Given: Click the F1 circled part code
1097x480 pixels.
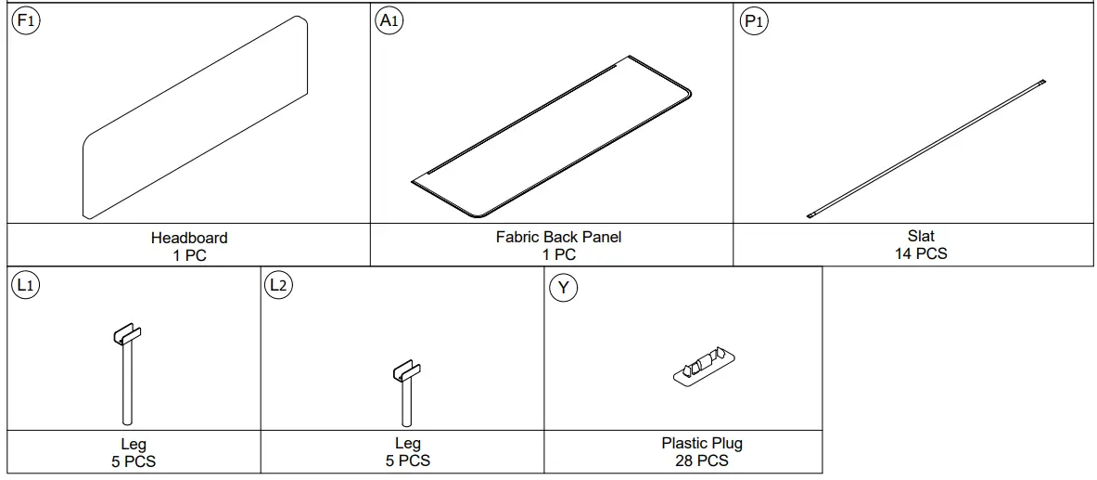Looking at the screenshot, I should pyautogui.click(x=25, y=21).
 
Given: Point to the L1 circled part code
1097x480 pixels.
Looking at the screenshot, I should pyautogui.click(x=25, y=286).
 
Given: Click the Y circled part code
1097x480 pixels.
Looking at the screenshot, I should pyautogui.click(x=563, y=288).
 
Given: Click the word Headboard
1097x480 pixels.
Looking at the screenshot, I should pyautogui.click(x=189, y=239).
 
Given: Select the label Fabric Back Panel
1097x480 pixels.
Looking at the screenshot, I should pyautogui.click(x=558, y=238).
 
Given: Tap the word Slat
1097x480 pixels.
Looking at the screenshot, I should pyautogui.click(x=920, y=237).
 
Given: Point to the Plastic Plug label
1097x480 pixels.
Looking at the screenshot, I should pyautogui.click(x=702, y=444).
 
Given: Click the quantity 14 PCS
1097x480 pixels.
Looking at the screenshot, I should pyautogui.click(x=920, y=253).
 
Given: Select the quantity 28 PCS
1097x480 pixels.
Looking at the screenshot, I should pyautogui.click(x=702, y=461).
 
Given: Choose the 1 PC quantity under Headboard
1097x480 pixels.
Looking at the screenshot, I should pyautogui.click(x=189, y=255).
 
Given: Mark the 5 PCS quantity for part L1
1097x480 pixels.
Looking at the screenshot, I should pyautogui.click(x=134, y=461).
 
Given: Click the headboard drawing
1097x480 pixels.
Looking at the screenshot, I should pyautogui.click(x=195, y=121).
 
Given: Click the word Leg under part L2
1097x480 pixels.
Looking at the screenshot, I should pyautogui.click(x=407, y=445).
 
